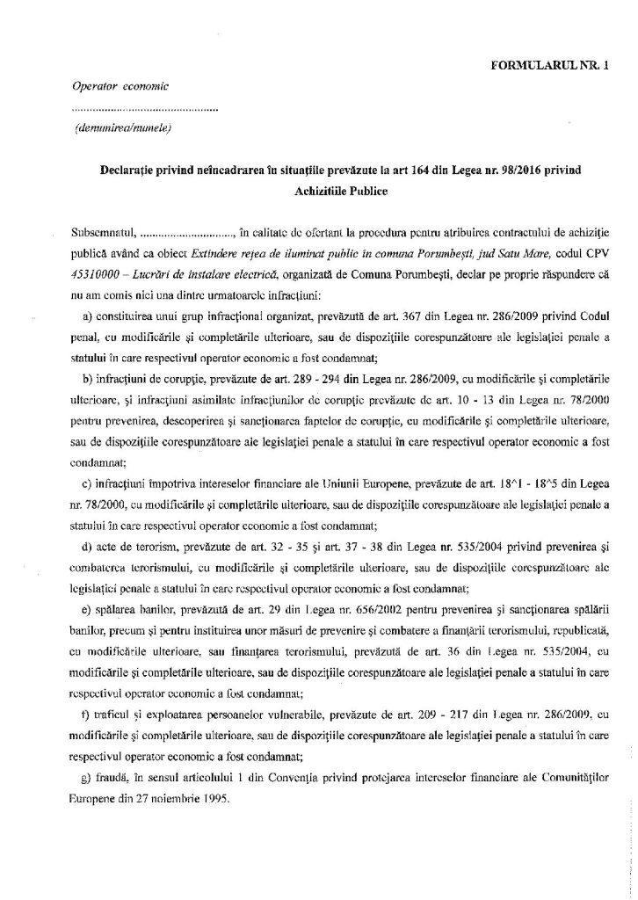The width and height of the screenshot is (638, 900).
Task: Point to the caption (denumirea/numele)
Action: pos(121,129)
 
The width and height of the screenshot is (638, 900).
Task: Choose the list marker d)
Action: pos(86,547)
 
